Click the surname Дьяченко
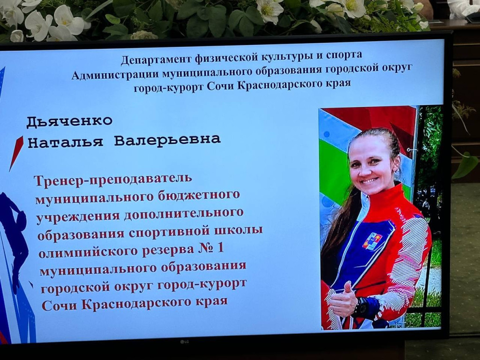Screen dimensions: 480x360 (x=69, y=121)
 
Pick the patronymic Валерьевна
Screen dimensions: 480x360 (x=167, y=140)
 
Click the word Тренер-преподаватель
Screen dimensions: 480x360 (x=113, y=180)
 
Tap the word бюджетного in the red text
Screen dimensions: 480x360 (x=199, y=195)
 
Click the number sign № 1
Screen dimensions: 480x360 (x=211, y=248)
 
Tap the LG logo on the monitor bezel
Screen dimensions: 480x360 (x=184, y=342)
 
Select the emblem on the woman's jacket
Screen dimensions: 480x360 (x=372, y=241)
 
